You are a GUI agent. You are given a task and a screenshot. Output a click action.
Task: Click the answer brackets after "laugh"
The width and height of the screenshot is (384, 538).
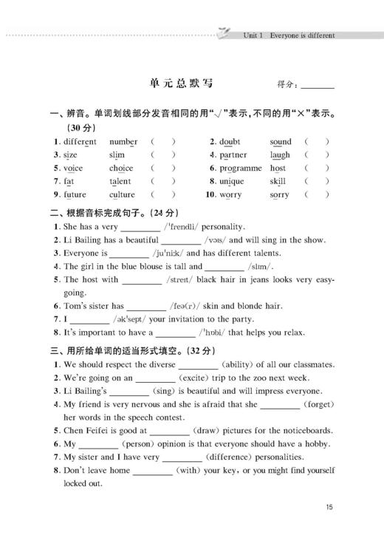pos(316,155)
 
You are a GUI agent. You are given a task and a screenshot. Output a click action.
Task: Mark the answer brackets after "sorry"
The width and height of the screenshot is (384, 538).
pos(316,195)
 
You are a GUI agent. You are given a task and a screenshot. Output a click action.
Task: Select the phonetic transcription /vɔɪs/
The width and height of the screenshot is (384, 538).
pos(221,240)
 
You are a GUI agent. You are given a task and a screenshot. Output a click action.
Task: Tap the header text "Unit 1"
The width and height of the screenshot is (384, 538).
pos(255,35)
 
